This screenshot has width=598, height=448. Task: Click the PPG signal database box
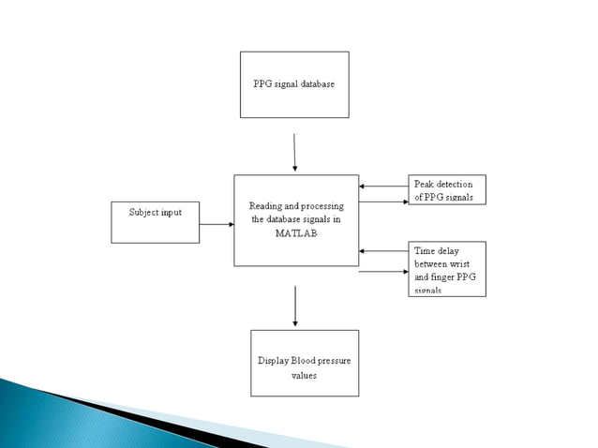[294, 84]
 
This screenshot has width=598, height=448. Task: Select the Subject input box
[155, 222]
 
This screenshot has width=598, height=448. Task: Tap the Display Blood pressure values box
[305, 363]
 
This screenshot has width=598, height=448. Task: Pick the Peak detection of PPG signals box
[446, 190]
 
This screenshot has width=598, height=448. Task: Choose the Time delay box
[446, 269]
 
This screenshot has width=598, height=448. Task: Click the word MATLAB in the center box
[295, 233]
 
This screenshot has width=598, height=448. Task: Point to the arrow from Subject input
[217, 224]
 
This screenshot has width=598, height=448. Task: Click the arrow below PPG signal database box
[294, 152]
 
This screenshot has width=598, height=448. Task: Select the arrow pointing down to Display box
[295, 306]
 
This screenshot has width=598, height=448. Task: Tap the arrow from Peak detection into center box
[383, 186]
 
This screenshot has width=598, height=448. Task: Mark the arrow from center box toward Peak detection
[383, 202]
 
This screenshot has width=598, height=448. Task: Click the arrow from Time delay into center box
[383, 250]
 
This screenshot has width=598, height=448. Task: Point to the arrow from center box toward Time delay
[383, 272]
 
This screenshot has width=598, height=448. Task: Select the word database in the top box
[315, 83]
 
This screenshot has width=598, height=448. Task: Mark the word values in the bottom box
[304, 375]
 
